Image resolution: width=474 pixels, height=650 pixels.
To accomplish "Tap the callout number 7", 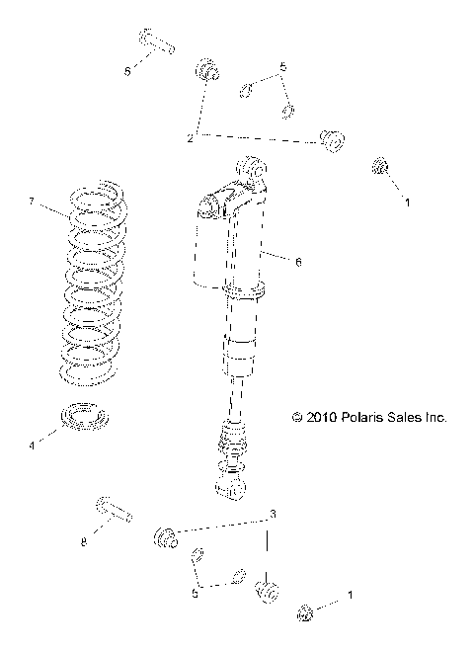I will tap(32, 202).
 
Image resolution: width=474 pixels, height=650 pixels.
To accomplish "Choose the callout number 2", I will tap(191, 137).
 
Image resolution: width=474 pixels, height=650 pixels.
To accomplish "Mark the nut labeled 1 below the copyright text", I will tap(307, 615).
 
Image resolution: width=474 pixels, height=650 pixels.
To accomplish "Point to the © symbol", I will tap(297, 418).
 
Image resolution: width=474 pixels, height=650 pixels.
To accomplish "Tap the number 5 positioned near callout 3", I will tap(196, 595).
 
